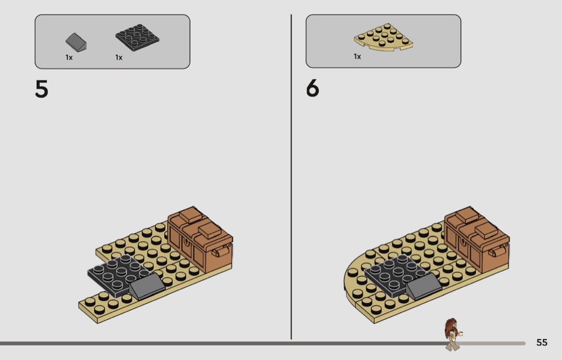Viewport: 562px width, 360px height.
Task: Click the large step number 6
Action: tap(313, 88)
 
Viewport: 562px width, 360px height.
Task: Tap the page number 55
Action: tap(542, 342)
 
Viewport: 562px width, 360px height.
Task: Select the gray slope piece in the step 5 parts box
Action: tap(76, 42)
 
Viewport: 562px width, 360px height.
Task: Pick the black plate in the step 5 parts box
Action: tap(137, 37)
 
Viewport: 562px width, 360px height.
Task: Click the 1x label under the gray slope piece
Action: tap(69, 57)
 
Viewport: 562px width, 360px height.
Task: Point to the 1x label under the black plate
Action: tap(119, 57)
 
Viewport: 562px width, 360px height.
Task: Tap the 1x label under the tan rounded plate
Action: tap(357, 56)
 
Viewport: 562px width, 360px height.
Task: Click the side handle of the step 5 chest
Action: tap(221, 251)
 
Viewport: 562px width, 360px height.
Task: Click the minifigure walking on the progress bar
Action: tap(453, 334)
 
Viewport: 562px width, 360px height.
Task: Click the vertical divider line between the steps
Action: tap(291, 177)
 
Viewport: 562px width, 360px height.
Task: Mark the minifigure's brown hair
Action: tap(450, 326)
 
